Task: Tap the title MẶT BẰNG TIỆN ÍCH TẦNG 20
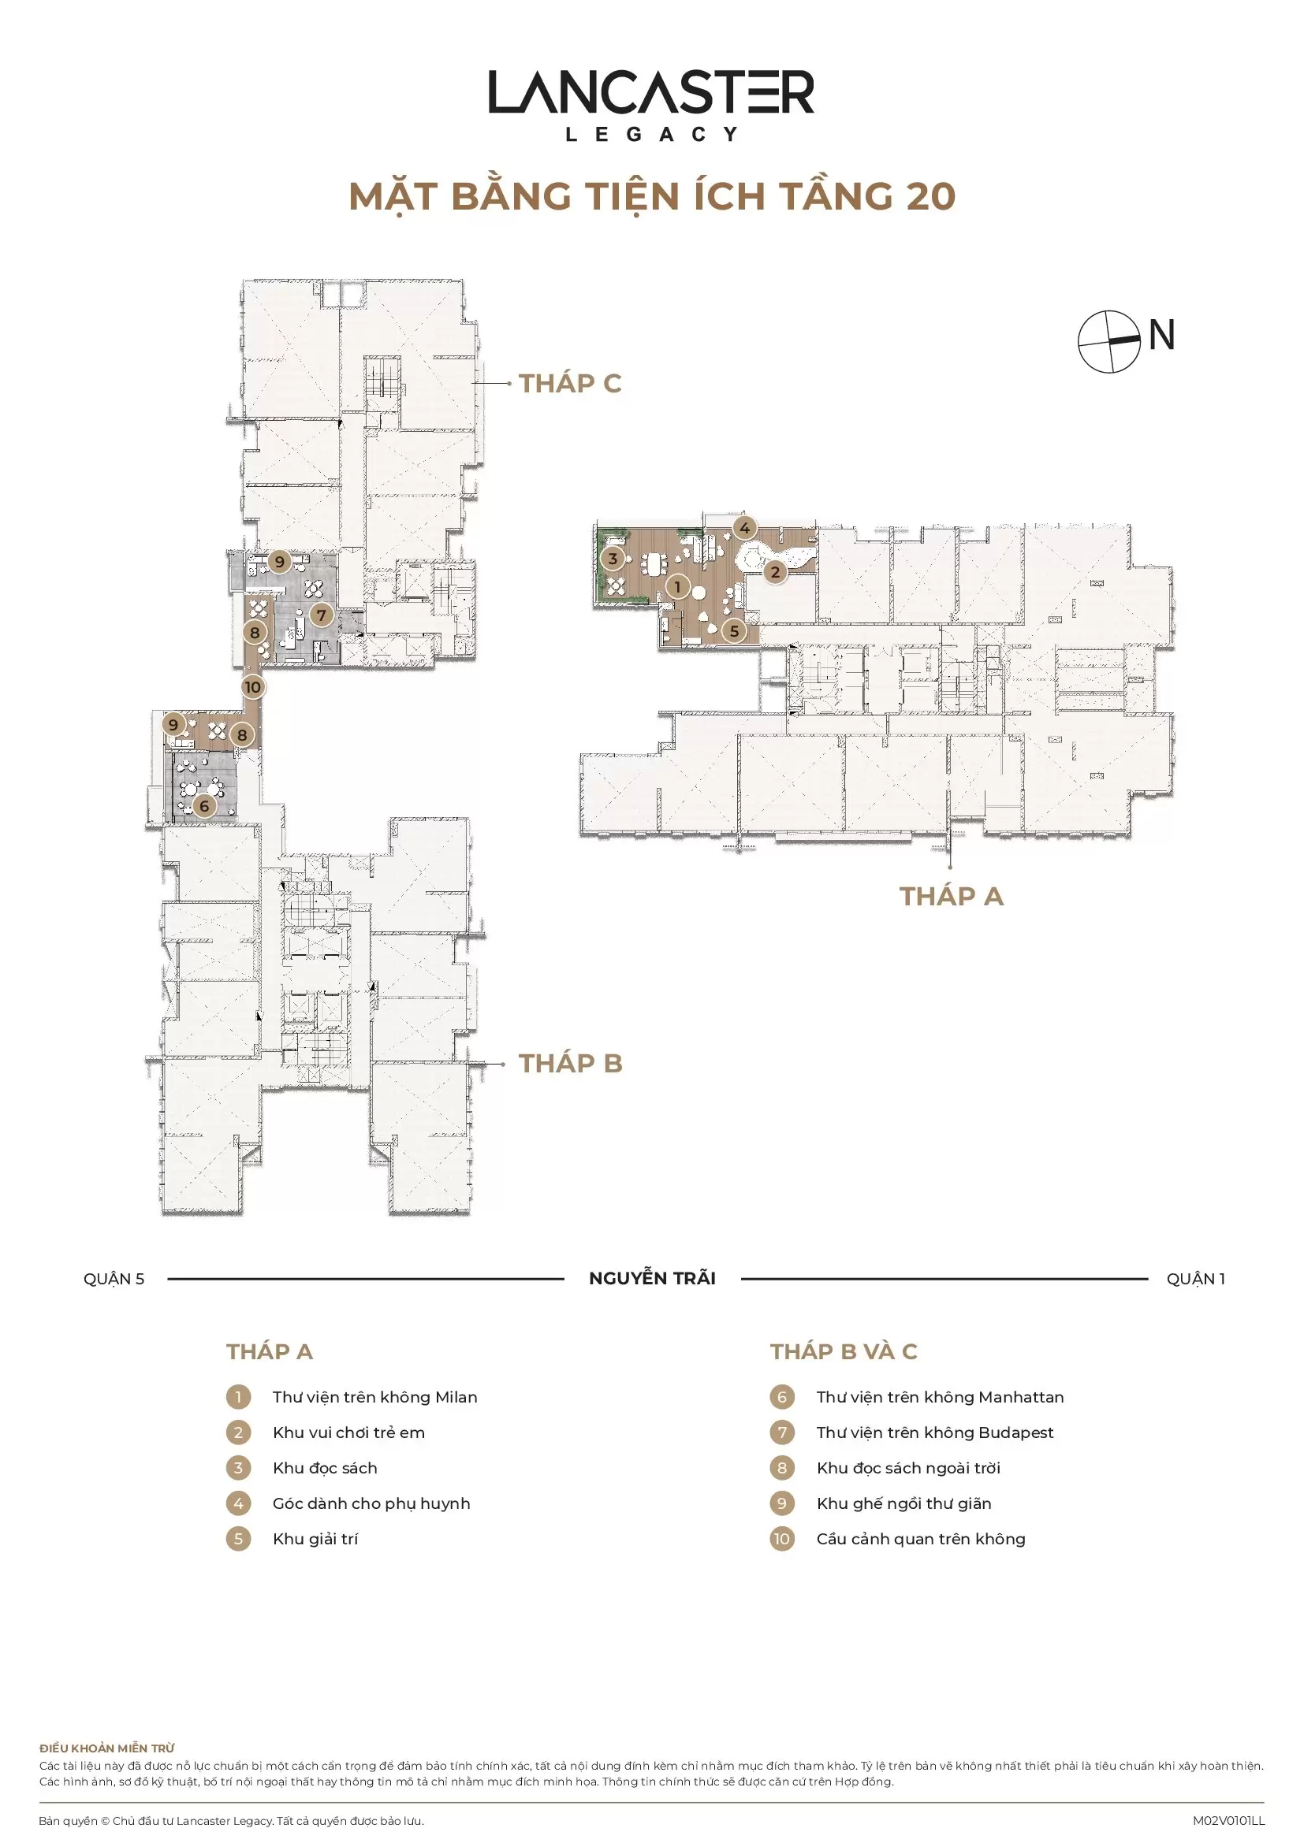tap(652, 197)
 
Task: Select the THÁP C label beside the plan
tap(570, 384)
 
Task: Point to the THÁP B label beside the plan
tap(570, 1064)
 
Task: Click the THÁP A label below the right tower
tap(952, 896)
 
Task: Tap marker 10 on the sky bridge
tap(253, 687)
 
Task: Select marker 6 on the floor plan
tap(204, 806)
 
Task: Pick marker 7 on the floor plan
tap(321, 615)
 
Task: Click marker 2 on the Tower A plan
tap(775, 572)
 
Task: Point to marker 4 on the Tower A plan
tap(745, 528)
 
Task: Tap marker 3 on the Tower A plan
tap(613, 559)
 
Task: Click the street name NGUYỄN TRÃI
tap(652, 1279)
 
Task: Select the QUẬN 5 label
tap(114, 1280)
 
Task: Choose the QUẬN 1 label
tap(1197, 1280)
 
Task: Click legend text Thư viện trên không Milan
tap(375, 1398)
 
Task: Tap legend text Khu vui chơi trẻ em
tap(348, 1432)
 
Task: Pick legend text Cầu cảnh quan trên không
tap(921, 1539)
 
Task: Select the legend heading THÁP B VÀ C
tap(844, 1352)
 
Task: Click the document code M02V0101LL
tap(1228, 1821)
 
